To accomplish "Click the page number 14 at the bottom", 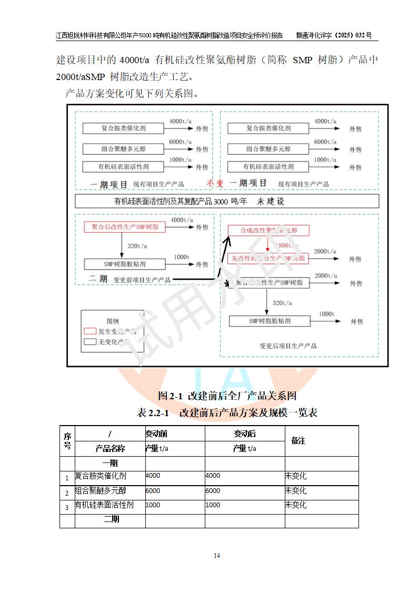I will tap(217, 556).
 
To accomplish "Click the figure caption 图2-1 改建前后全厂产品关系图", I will tap(227, 395).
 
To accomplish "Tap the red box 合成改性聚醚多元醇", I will tap(268, 231).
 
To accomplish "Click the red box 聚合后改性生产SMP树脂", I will tap(124, 227).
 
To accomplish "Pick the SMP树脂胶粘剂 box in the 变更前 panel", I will tap(124, 264).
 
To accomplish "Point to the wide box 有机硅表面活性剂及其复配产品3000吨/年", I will tap(226, 201).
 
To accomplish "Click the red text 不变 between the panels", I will tap(215, 183).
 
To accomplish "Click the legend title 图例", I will tap(113, 321).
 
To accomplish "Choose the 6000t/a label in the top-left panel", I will tap(180, 142).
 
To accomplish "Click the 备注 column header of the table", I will tap(298, 440).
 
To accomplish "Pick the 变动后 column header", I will tap(245, 434).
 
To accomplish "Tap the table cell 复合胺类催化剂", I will tap(101, 476).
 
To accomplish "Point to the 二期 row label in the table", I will tap(111, 519).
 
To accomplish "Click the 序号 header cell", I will tap(67, 440).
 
